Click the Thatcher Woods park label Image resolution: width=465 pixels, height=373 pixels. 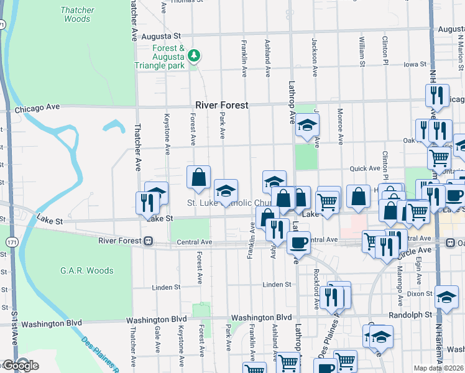(77, 14)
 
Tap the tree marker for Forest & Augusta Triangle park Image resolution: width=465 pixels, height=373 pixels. (195, 56)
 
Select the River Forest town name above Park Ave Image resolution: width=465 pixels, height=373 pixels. (222, 105)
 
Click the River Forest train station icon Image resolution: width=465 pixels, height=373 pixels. (149, 241)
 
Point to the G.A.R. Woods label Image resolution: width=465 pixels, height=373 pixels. (87, 270)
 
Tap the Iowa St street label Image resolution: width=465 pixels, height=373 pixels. (415, 64)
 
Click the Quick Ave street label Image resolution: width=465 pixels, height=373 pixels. (365, 168)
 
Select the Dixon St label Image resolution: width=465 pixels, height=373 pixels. (420, 293)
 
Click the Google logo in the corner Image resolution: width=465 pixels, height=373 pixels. (20, 366)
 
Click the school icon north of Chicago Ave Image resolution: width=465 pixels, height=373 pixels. (306, 125)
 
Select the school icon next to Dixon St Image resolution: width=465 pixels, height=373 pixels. (446, 297)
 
